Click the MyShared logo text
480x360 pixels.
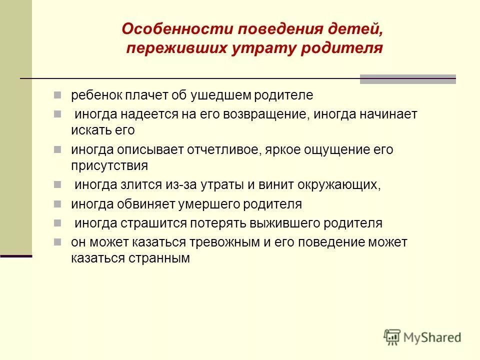[x=433, y=337]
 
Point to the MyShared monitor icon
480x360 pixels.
[x=392, y=336]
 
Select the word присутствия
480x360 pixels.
[x=109, y=165]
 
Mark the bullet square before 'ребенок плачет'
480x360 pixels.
[x=58, y=94]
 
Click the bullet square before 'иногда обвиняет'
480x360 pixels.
[x=58, y=203]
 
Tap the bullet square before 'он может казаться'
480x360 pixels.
[x=58, y=242]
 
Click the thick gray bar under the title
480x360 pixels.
[x=408, y=79]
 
